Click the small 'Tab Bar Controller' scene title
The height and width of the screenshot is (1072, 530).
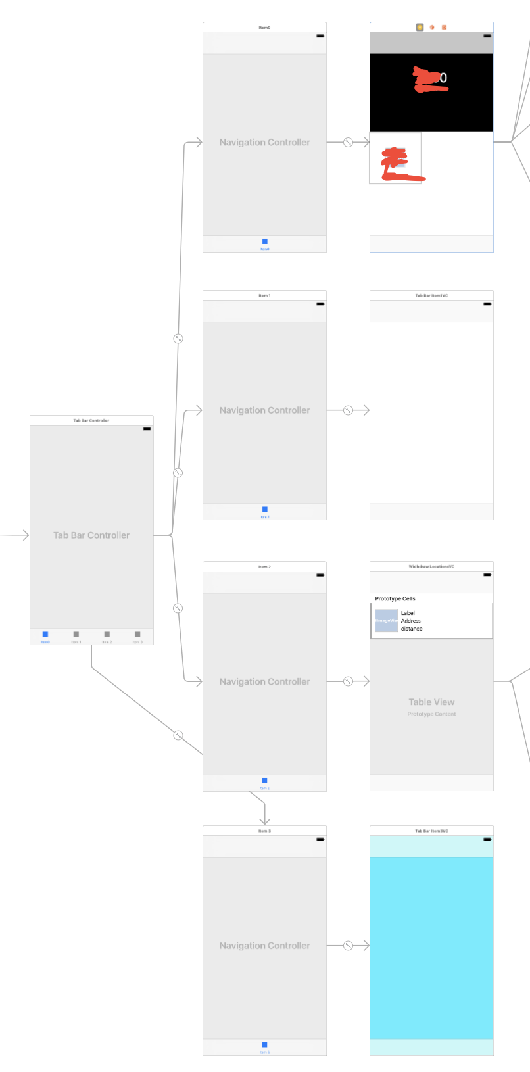(91, 420)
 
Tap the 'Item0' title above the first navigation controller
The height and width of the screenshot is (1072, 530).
(264, 28)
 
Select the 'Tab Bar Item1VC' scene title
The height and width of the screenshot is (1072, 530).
(431, 296)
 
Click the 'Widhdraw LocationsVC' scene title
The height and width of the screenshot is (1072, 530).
(431, 566)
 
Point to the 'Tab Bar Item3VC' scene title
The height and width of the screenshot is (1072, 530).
(431, 831)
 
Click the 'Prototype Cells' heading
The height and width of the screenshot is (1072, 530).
(395, 599)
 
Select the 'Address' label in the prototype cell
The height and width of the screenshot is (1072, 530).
(411, 621)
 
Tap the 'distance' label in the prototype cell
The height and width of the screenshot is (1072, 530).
(412, 629)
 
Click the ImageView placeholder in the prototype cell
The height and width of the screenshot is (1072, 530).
(386, 621)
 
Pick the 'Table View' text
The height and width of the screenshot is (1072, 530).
(431, 702)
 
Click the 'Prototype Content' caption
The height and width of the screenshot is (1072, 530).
(431, 714)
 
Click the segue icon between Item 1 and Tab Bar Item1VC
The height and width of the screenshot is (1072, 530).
(349, 410)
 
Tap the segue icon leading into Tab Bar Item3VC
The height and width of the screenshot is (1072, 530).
(349, 946)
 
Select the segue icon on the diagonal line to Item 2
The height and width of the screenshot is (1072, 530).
(178, 735)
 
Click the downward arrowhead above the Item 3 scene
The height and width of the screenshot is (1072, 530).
(264, 820)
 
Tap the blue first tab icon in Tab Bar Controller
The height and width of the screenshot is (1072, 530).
(45, 635)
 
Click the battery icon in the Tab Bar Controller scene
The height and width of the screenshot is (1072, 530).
(147, 429)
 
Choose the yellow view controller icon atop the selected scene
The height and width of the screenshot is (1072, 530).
(420, 28)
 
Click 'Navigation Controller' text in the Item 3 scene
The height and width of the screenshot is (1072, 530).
(264, 946)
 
